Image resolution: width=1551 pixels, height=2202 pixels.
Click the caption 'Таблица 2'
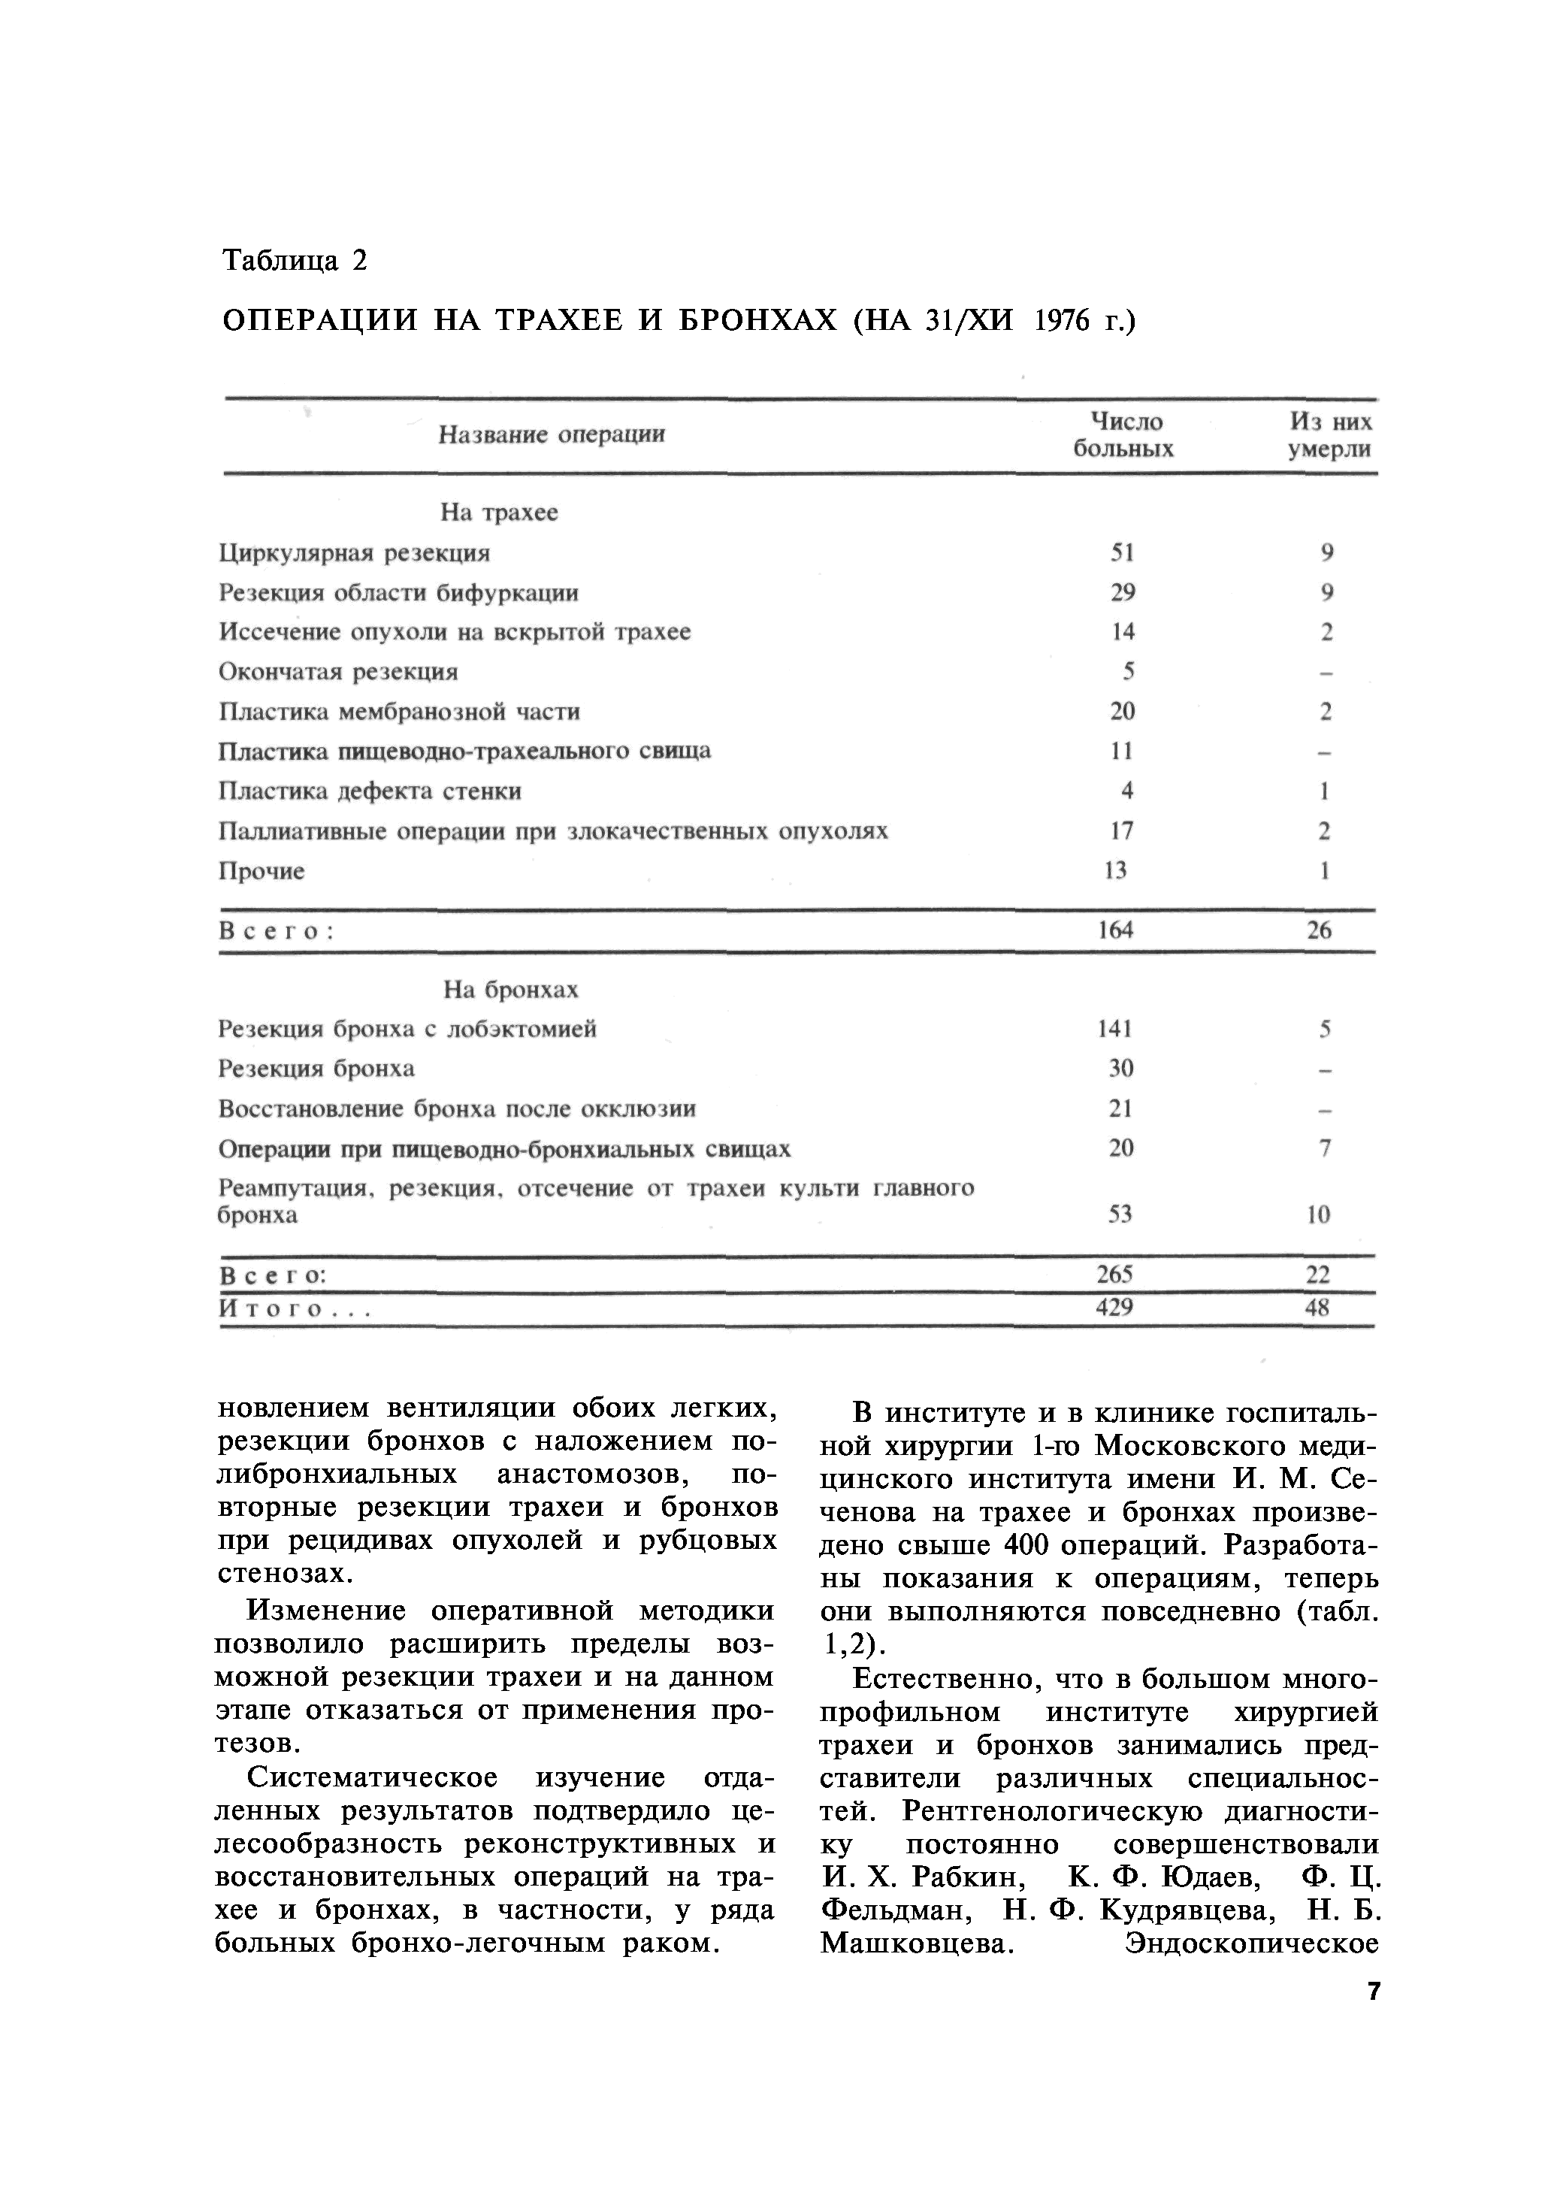click(295, 261)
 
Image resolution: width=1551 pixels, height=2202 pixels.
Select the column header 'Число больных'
click(1123, 435)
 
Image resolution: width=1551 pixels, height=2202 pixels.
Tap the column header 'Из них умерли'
click(1329, 435)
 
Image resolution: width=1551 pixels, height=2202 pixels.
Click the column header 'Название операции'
click(552, 435)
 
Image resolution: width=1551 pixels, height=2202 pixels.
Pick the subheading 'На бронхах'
click(510, 990)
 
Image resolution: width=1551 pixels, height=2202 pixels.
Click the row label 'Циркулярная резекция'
click(354, 553)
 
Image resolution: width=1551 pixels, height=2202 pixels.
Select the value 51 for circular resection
click(1122, 553)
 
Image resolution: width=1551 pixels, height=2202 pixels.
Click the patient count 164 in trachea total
click(1115, 930)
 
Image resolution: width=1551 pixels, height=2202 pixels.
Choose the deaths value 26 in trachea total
click(1320, 930)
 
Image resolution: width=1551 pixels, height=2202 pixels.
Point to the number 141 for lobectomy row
click(1114, 1029)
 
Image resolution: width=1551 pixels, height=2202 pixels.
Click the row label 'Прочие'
click(261, 872)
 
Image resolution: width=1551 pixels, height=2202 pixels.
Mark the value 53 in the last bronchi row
click(1120, 1215)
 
